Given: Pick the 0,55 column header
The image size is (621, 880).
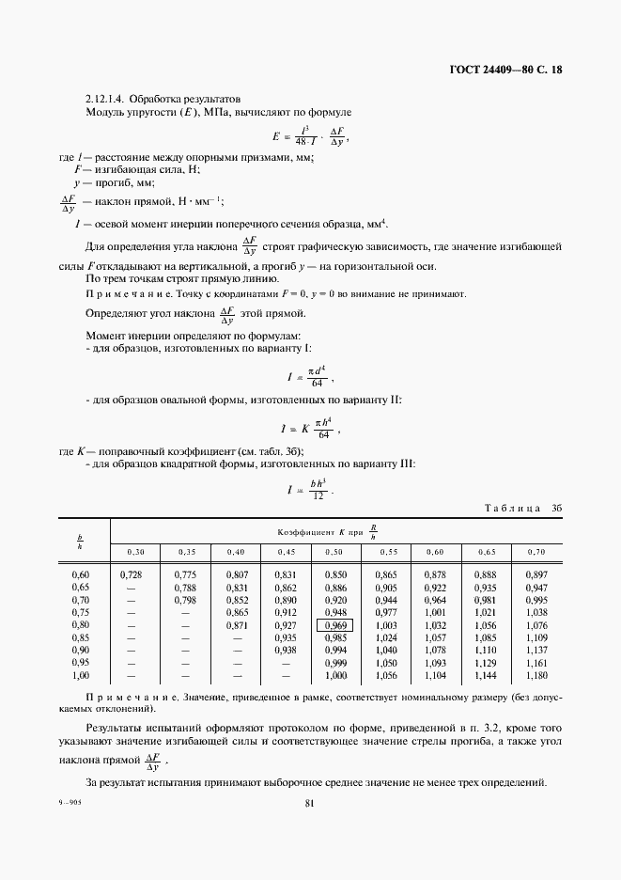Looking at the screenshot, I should coord(386,551).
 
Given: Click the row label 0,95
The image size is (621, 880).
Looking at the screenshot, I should coord(81,662).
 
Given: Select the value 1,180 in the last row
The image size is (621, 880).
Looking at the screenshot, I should coord(536,675).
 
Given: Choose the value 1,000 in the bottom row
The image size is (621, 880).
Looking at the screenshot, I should coord(335,675).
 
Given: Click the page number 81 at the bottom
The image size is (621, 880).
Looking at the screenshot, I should coord(310,803).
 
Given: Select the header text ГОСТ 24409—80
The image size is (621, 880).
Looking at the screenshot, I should coord(488,70).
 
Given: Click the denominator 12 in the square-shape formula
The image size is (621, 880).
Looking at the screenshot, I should coord(318,495).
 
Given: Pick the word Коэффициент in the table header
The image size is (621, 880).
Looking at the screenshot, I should coord(303,531).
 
